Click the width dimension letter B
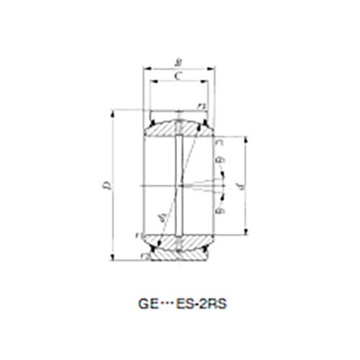(x=179, y=62)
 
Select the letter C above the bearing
(x=179, y=75)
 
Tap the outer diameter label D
(x=107, y=185)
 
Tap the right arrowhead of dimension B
(x=215, y=68)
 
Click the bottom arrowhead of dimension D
(x=114, y=256)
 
